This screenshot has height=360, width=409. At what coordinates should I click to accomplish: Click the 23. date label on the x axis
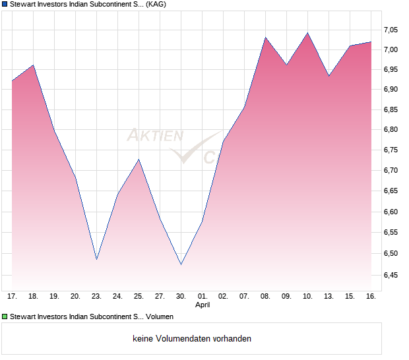pyautogui.click(x=96, y=296)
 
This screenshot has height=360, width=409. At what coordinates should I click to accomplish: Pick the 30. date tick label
pyautogui.click(x=181, y=296)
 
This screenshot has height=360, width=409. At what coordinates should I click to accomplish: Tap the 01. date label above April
pyautogui.click(x=202, y=296)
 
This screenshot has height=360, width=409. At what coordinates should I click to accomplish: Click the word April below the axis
pyautogui.click(x=202, y=305)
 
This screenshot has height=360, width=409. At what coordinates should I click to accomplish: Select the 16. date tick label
pyautogui.click(x=371, y=296)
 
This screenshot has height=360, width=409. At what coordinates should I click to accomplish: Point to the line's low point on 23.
pyautogui.click(x=96, y=259)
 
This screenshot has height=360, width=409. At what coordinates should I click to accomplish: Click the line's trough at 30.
pyautogui.click(x=181, y=264)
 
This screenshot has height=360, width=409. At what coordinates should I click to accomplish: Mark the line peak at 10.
pyautogui.click(x=307, y=33)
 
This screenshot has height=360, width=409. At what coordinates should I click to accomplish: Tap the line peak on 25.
pyautogui.click(x=139, y=160)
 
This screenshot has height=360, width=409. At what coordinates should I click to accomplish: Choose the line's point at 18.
pyautogui.click(x=33, y=65)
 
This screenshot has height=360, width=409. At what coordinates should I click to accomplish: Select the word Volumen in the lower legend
pyautogui.click(x=160, y=316)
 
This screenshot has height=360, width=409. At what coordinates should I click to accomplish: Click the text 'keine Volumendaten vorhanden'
pyautogui.click(x=192, y=338)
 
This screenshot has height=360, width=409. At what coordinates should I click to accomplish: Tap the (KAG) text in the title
pyautogui.click(x=156, y=4)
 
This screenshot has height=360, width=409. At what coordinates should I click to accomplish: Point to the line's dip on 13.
pyautogui.click(x=329, y=76)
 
